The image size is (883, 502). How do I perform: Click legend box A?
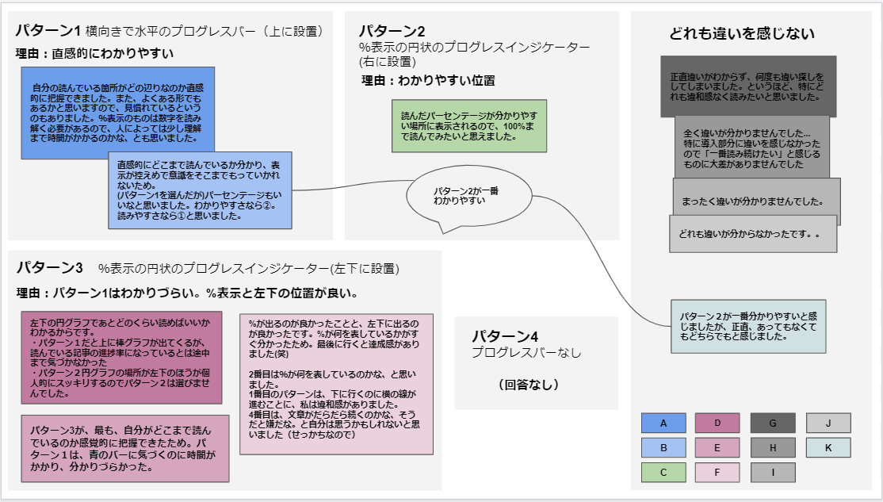tap(663, 423)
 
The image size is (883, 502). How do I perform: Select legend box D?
tap(717, 423)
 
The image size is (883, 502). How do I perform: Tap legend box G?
tap(773, 423)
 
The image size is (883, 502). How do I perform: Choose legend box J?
tap(828, 423)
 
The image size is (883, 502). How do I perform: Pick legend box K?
tap(828, 447)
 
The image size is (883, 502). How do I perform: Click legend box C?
tap(663, 473)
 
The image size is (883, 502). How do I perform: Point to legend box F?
tap(717, 473)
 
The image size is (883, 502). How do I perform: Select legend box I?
tap(773, 473)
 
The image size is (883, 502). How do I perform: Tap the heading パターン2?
tap(392, 31)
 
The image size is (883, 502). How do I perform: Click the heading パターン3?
tap(50, 267)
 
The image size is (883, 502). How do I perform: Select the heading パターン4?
tap(505, 336)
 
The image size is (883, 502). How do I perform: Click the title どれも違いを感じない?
tap(742, 34)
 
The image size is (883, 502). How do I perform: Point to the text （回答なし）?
tap(529, 385)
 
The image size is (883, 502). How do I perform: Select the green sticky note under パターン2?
tap(458, 125)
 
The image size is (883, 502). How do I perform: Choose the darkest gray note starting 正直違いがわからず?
tap(747, 86)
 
